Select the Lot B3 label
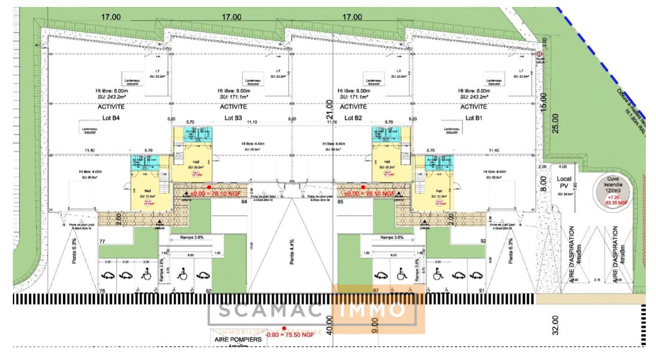pos(233,117)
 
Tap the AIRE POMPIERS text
pos(238,340)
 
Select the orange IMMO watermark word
pos(375,310)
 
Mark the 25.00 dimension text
pos(555,123)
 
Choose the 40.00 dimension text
pos(329,324)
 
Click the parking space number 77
pos(102,242)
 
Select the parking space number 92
pos(483,242)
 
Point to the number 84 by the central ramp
pos(244,202)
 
